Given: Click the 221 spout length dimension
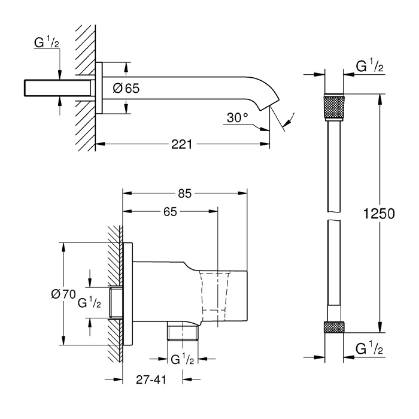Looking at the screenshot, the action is [182, 145].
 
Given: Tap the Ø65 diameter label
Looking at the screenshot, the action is [126, 88].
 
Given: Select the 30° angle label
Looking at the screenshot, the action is [237, 117].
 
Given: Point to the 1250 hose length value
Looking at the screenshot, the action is [379, 214].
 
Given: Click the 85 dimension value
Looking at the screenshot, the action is [185, 193].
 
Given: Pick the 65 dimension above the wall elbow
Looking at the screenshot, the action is [170, 212].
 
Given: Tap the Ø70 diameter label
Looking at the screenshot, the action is [63, 294].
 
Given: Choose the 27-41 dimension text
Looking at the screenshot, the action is [151, 379].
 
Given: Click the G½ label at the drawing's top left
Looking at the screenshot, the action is [47, 42].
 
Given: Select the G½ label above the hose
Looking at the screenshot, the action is [369, 65].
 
